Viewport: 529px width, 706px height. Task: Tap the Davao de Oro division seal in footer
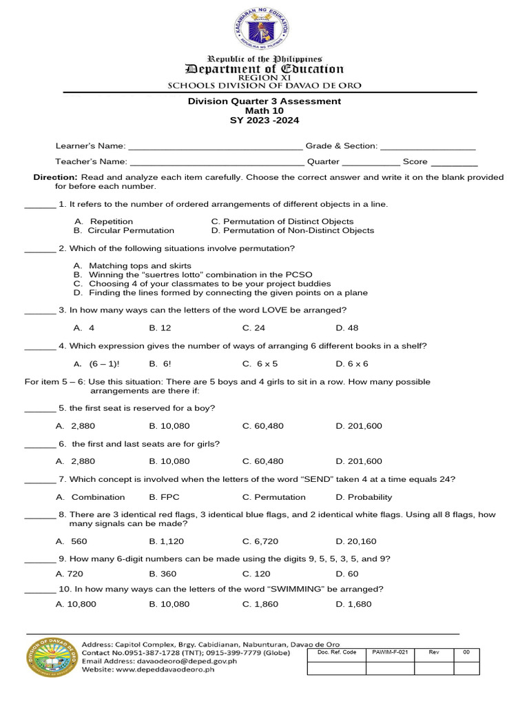(52, 663)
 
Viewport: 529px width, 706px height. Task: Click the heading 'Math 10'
(264, 110)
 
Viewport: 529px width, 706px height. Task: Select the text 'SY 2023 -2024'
(264, 120)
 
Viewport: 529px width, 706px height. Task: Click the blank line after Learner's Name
(215, 147)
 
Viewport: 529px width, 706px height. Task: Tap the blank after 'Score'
(454, 163)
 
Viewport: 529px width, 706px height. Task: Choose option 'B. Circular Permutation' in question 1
(124, 230)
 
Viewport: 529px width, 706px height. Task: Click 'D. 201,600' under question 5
(359, 426)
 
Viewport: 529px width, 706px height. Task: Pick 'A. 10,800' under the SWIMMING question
(76, 605)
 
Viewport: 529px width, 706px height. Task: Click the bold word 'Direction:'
(55, 177)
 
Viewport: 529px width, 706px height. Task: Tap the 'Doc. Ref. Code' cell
(337, 652)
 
